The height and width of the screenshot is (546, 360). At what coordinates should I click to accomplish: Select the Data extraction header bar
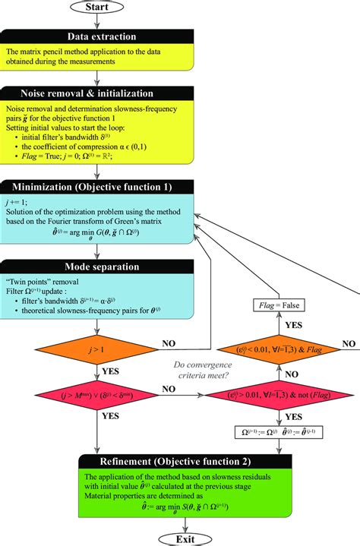pyautogui.click(x=99, y=36)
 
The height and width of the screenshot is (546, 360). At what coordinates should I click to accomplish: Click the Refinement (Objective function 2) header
pyautogui.click(x=179, y=462)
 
